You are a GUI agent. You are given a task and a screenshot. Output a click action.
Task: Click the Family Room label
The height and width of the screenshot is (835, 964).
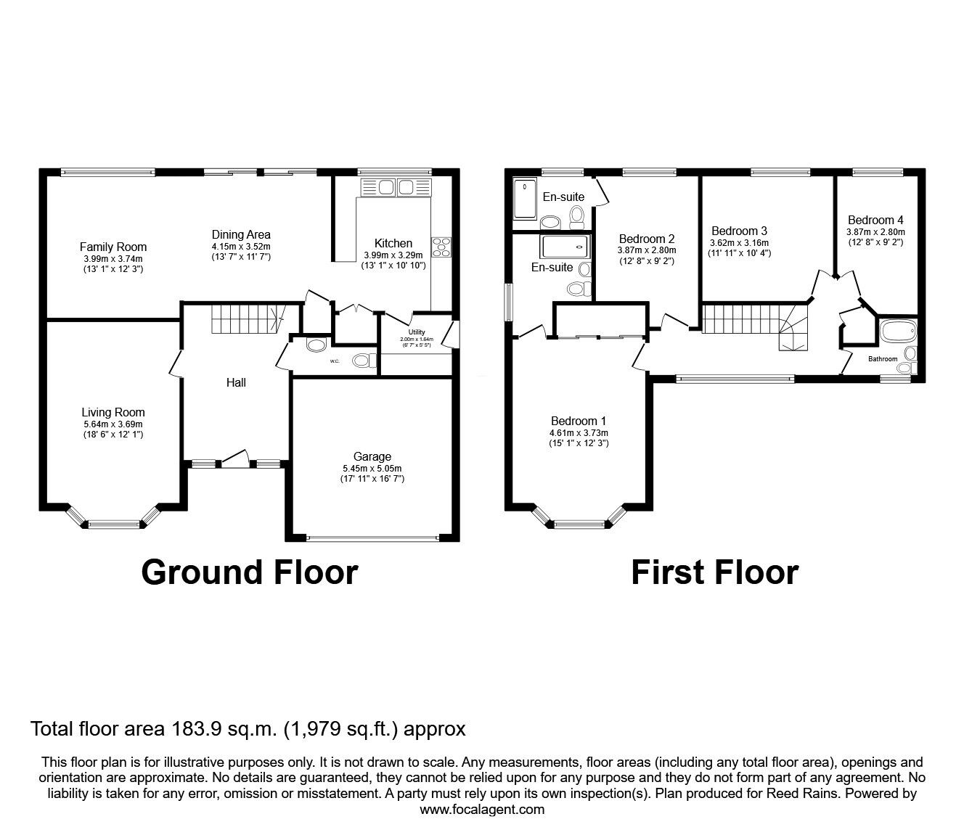(113, 247)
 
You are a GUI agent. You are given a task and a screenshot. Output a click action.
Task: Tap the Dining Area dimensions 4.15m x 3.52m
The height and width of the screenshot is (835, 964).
(241, 246)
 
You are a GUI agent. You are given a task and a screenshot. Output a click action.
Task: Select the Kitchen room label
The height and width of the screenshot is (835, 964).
(393, 243)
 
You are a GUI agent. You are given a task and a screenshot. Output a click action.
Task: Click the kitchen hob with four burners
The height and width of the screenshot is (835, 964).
(441, 247)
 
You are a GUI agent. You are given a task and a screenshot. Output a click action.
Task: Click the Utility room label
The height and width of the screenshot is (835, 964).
(417, 332)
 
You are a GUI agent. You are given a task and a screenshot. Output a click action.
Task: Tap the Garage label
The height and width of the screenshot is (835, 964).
(372, 456)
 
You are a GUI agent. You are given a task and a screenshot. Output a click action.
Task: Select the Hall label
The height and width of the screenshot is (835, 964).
(236, 382)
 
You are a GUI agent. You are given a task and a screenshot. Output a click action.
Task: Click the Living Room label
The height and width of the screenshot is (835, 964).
(113, 412)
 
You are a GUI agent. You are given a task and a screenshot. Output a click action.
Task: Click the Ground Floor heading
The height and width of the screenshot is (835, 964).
(249, 572)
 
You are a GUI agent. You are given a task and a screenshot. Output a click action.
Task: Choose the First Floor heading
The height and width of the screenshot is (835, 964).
(714, 572)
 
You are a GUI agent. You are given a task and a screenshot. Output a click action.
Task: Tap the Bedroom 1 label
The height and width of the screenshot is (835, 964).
(578, 421)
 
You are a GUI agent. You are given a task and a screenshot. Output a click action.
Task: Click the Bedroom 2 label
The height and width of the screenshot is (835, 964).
(646, 239)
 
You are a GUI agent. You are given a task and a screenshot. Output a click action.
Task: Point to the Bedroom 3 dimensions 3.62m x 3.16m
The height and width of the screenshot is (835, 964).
(739, 243)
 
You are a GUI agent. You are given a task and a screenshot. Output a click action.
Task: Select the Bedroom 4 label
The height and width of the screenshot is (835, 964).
(875, 220)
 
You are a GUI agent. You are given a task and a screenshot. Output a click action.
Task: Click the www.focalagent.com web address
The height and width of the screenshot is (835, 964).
(482, 810)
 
